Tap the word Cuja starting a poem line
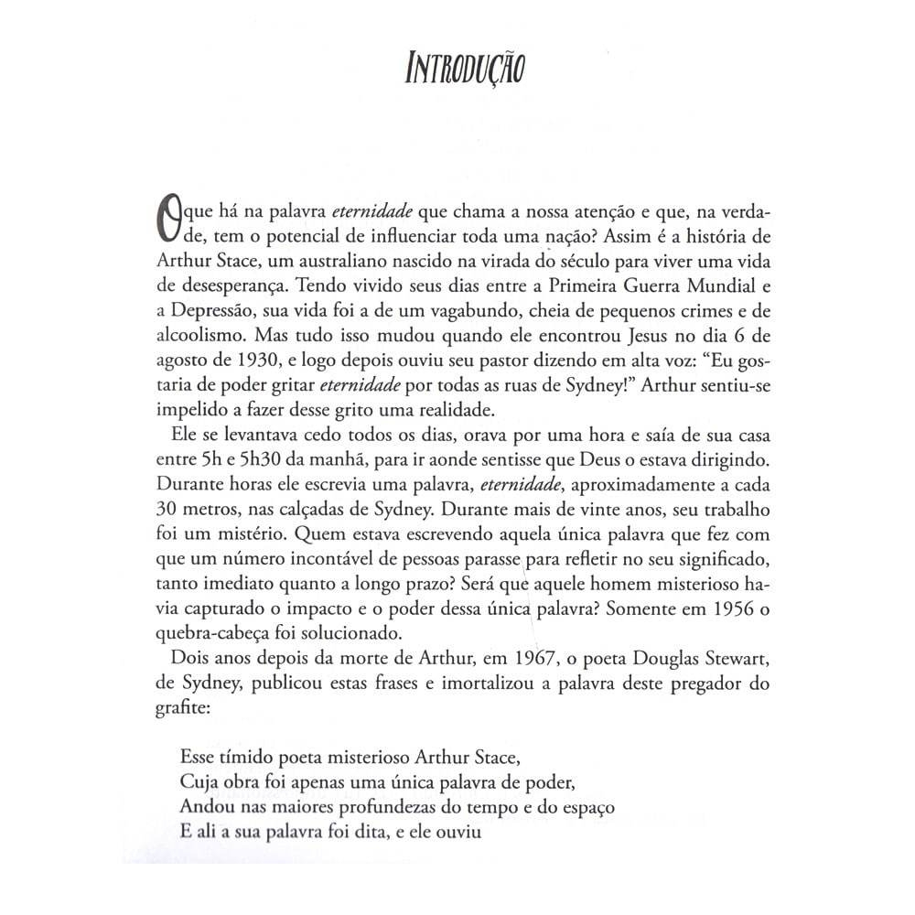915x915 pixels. tap(195, 783)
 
